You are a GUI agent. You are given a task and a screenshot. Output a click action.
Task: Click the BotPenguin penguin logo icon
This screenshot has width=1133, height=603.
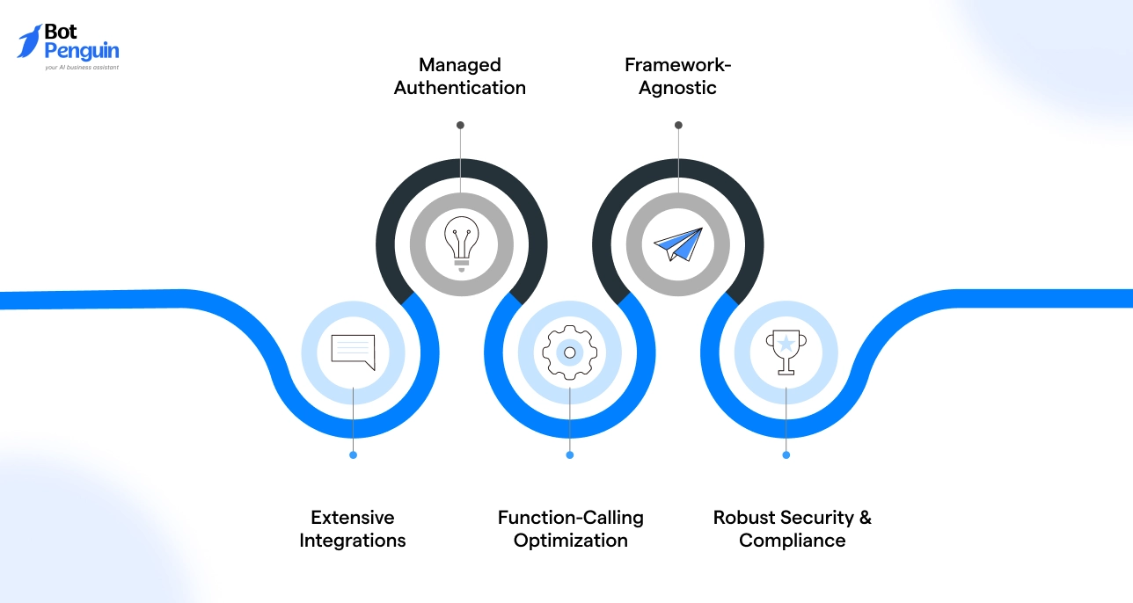tap(29, 41)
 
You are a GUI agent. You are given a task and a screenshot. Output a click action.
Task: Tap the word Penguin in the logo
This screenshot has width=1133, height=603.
tap(82, 52)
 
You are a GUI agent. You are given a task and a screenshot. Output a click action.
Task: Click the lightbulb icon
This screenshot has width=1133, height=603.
tap(461, 244)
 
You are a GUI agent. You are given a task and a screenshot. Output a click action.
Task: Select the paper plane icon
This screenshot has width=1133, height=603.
tap(678, 244)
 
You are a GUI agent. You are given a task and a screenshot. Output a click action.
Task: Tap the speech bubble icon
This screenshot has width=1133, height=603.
tap(353, 352)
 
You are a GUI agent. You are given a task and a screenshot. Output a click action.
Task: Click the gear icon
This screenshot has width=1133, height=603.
tap(569, 352)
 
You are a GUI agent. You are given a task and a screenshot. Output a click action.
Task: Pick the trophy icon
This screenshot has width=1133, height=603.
tap(786, 352)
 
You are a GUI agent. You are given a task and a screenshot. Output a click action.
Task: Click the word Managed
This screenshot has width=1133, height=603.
tap(460, 65)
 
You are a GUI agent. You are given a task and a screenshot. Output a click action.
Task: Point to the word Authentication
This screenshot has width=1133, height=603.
tap(460, 88)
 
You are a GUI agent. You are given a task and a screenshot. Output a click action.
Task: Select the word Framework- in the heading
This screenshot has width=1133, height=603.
tap(677, 65)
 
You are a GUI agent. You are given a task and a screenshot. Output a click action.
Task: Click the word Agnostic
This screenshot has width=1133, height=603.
tap(677, 89)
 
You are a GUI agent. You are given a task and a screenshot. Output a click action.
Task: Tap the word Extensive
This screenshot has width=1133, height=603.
tap(353, 518)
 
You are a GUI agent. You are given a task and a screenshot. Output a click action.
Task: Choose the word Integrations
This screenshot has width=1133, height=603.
tap(353, 541)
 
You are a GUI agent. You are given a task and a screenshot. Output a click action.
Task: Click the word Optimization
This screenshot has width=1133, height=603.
tap(571, 541)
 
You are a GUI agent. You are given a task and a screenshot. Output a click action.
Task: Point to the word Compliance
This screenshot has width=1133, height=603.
tap(792, 541)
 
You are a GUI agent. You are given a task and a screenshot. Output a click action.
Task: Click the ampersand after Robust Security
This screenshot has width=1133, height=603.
tap(866, 518)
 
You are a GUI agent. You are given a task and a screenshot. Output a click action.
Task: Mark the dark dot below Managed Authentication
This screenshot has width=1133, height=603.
tap(460, 125)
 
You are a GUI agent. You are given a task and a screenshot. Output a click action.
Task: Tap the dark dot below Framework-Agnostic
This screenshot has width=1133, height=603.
tap(679, 125)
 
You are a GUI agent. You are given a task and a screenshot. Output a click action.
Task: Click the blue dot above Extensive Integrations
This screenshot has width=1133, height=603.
tap(353, 455)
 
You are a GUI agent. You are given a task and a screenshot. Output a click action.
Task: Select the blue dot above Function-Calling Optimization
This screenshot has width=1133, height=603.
tap(569, 455)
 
